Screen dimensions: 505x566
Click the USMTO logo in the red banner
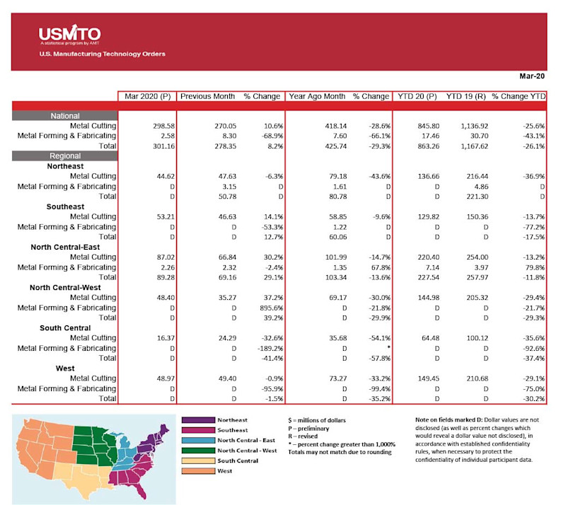(x=69, y=35)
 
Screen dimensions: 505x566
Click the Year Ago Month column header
(x=318, y=96)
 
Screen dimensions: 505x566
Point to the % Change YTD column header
(x=519, y=96)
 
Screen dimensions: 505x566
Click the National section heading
(x=64, y=116)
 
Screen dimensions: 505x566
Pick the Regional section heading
(x=64, y=156)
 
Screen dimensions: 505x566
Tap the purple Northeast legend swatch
(x=197, y=419)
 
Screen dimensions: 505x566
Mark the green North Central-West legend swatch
(x=197, y=450)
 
